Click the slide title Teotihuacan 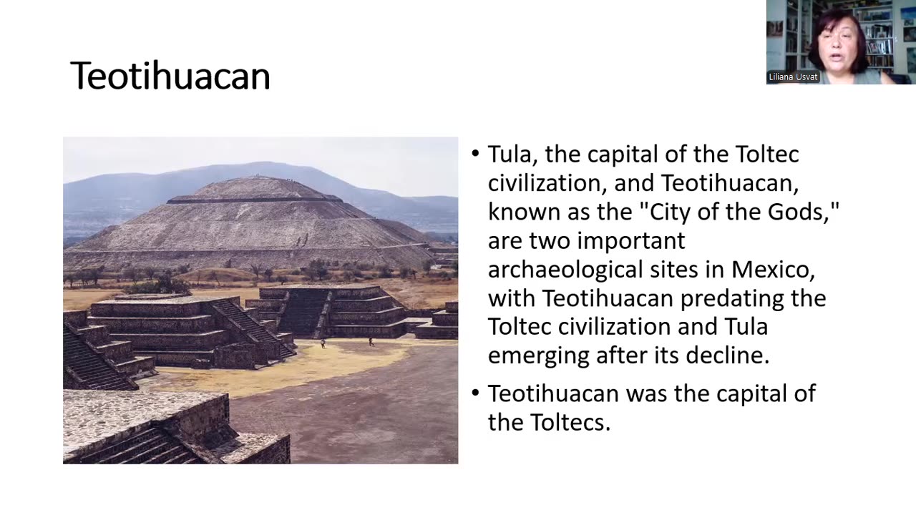[170, 77]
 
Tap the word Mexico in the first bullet [773, 269]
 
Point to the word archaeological [569, 269]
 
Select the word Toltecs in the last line [570, 422]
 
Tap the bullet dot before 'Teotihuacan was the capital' [476, 393]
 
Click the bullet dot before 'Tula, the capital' [476, 154]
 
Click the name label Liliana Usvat [793, 77]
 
